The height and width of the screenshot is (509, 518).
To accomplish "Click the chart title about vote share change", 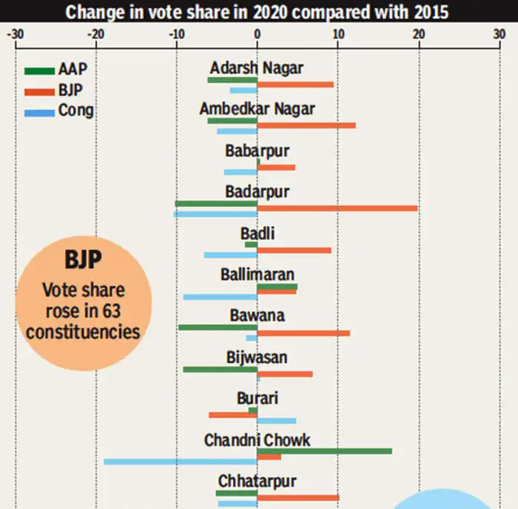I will coord(257,12).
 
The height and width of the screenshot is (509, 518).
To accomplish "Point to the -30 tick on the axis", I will coord(15,34).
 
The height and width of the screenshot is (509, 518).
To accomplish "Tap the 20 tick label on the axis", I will coord(418,34).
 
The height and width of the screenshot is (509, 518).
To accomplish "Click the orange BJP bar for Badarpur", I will coord(337,208).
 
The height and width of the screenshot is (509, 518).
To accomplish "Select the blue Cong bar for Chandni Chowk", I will coord(181,462).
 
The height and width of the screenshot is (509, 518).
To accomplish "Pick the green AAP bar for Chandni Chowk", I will coord(324,450).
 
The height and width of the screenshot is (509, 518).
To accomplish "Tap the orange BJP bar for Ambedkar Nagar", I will coord(306,125).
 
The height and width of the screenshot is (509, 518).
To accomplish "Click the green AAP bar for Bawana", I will coord(218,327).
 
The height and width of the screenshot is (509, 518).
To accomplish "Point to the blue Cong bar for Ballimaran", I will coord(221,297).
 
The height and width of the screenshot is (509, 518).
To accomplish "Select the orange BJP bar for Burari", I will coord(233,415).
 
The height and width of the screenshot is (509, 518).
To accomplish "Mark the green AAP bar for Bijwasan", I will coord(220,368).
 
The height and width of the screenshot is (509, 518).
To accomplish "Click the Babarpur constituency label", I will coord(257,151).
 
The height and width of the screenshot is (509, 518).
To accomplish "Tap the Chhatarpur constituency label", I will coord(257,482).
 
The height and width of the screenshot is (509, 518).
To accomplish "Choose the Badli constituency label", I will coord(257,234).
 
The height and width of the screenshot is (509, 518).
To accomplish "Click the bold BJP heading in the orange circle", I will coord(83,261).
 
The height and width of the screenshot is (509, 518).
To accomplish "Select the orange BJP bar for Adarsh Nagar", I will coord(295,84).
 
